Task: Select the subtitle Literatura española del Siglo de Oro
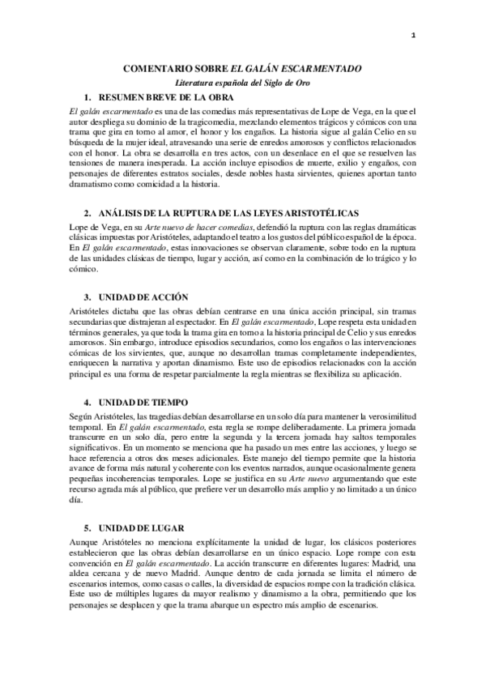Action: [x=242, y=83]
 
